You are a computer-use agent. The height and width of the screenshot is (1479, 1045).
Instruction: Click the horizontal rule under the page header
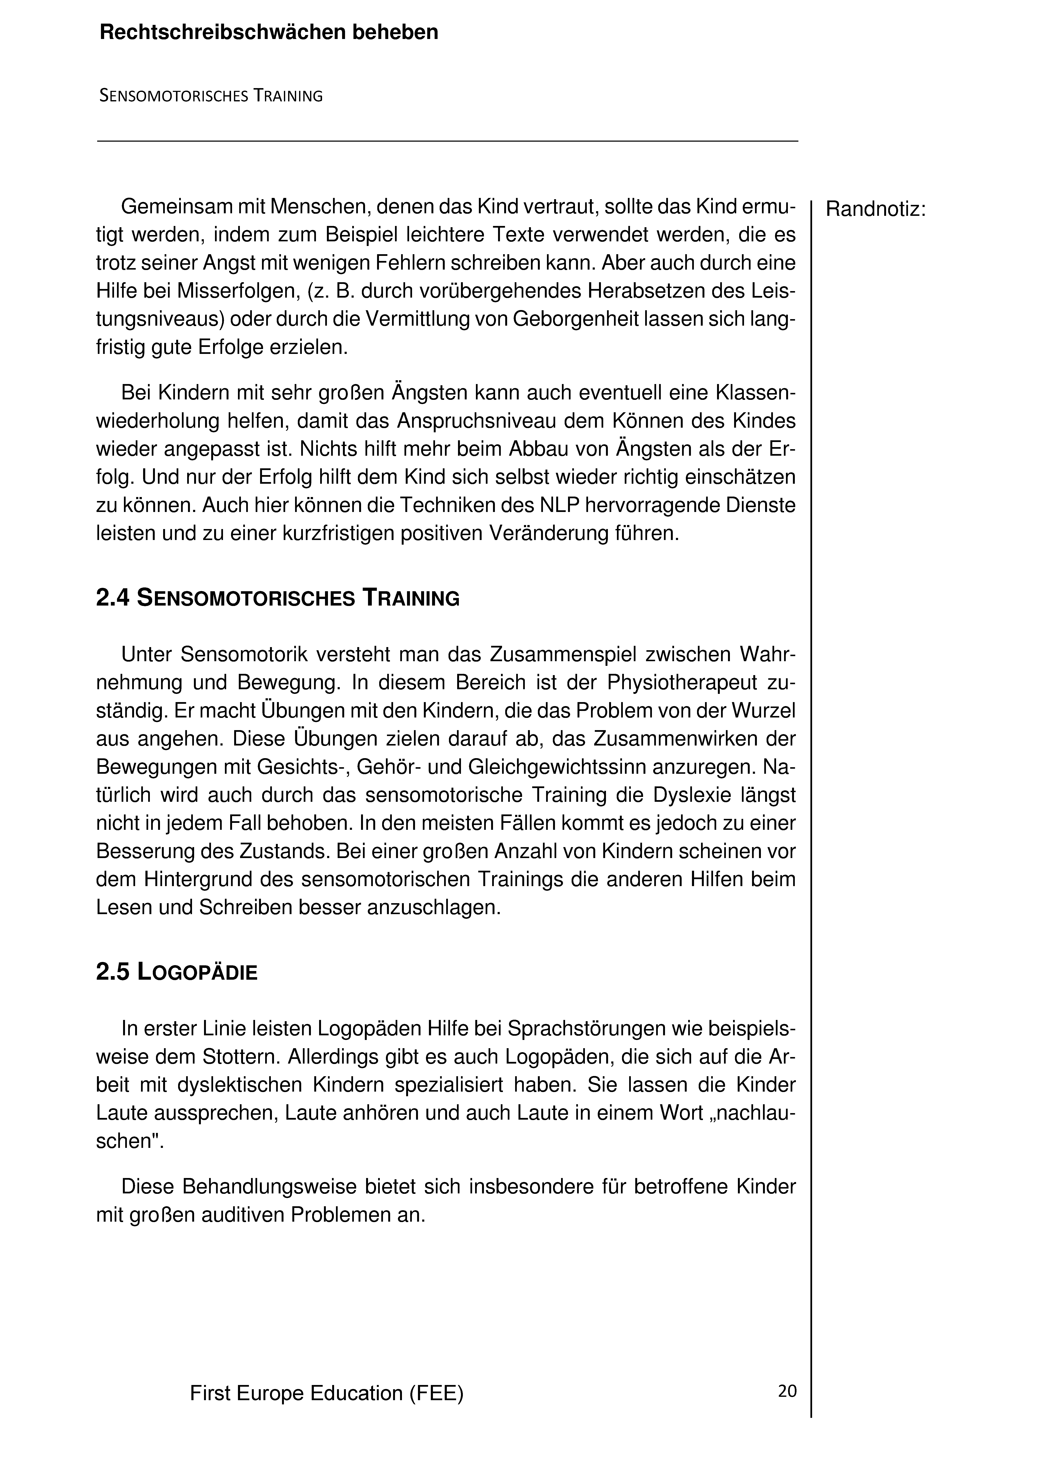(x=447, y=141)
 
